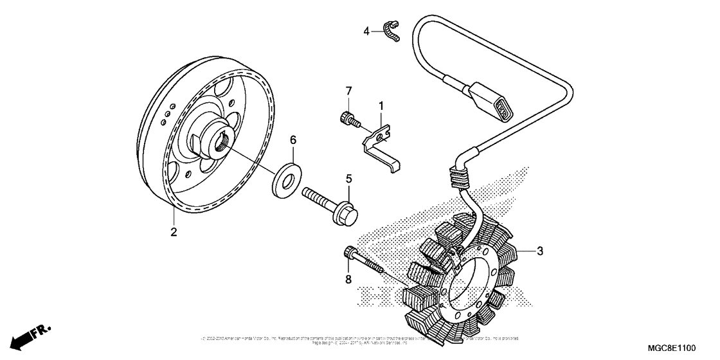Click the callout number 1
tap(381, 105)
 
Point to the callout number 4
tap(366, 30)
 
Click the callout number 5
tap(350, 178)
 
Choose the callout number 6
tap(292, 139)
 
